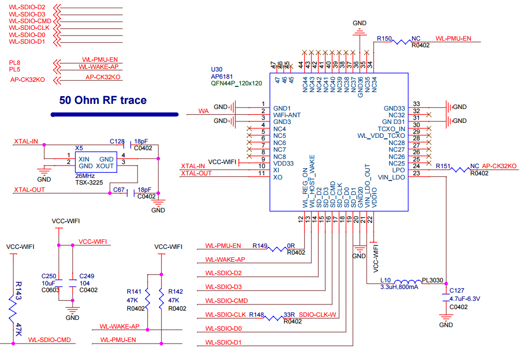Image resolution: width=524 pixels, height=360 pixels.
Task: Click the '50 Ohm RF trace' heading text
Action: pyautogui.click(x=103, y=100)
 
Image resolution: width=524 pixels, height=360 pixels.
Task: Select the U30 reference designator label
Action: pyautogui.click(x=217, y=69)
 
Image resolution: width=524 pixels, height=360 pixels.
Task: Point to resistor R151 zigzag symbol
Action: pyautogui.click(x=460, y=169)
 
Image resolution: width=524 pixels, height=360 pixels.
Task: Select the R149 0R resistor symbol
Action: pyautogui.click(x=278, y=249)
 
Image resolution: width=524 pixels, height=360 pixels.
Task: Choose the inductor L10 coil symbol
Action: pyautogui.click(x=407, y=283)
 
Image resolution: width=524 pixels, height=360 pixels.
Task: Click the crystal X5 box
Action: pyautogui.click(x=95, y=163)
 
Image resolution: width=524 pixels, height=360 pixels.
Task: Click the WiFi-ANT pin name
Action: pyautogui.click(x=287, y=115)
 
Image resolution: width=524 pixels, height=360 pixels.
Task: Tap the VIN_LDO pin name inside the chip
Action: pyautogui.click(x=391, y=177)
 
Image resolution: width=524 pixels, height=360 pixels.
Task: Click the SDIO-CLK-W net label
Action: pyautogui.click(x=318, y=314)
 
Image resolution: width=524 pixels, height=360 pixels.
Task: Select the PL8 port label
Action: pyautogui.click(x=14, y=62)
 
